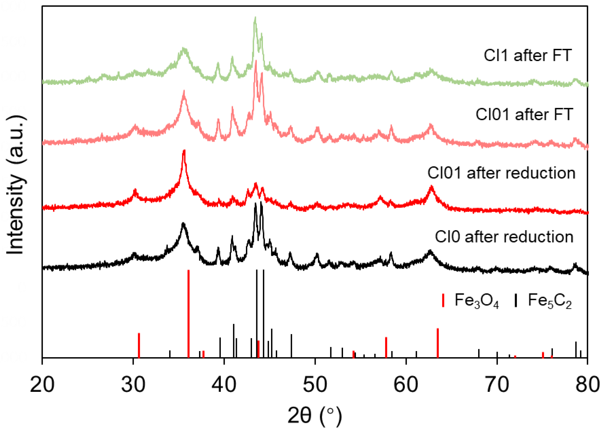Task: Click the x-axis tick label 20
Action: click(42, 385)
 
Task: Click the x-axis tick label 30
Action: click(133, 385)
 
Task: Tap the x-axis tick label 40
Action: click(224, 385)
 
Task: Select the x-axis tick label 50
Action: click(315, 385)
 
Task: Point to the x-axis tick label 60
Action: click(406, 385)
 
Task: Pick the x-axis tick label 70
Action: click(497, 385)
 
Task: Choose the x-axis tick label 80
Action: click(588, 385)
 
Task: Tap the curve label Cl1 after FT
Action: click(528, 55)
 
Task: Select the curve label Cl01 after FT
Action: click(524, 114)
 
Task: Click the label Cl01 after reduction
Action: click(501, 173)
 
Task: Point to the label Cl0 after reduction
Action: click(504, 237)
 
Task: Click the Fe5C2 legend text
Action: click(550, 301)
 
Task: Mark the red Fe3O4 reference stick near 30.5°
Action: click(139, 345)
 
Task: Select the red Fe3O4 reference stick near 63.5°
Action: click(438, 343)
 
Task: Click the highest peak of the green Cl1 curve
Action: click(255, 18)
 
